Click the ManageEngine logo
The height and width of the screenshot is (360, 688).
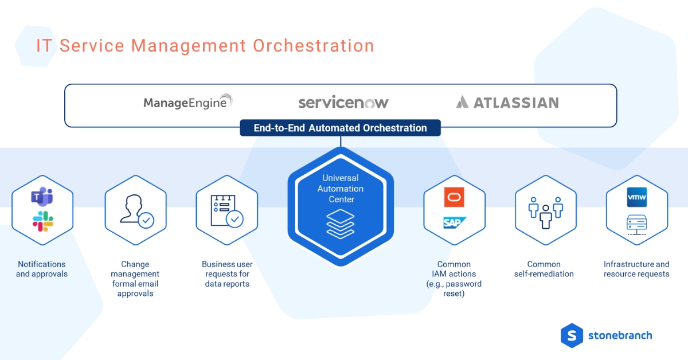188,103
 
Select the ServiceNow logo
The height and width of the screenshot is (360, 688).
343,103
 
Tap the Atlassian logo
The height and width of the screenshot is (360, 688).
507,103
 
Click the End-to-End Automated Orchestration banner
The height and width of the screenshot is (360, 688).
340,128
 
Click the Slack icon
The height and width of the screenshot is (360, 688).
42,221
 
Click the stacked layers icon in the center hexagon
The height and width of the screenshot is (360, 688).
341,224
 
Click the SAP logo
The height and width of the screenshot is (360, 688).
454,222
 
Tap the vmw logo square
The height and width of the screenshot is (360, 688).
636,197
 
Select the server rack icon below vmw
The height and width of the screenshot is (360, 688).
636,224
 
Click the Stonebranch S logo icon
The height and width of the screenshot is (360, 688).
572,335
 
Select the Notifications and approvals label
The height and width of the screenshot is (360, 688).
42,269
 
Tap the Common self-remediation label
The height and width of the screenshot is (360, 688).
544,269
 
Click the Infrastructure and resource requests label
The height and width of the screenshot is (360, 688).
636,269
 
